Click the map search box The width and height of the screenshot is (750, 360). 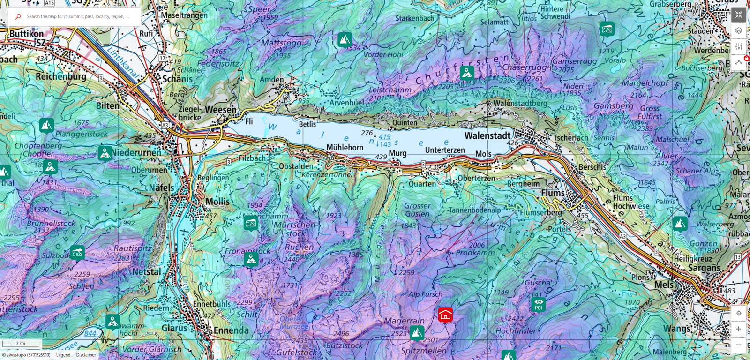coord(77,16)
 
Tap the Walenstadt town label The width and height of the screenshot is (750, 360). coord(487,135)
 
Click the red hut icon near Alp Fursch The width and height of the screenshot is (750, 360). coord(445,315)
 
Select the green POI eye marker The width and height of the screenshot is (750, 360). coord(539,304)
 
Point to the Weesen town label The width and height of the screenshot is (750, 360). coord(220,110)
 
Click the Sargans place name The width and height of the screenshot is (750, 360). coord(704,268)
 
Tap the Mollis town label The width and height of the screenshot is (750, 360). coord(217,202)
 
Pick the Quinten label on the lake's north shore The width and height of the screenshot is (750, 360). coord(405,123)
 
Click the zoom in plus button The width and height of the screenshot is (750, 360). coord(738,329)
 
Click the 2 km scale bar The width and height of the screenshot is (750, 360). coord(21,344)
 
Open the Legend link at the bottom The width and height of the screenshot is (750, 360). coord(63,355)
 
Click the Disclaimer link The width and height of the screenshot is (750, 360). coord(86,355)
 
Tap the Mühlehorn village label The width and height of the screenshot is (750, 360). coord(345,147)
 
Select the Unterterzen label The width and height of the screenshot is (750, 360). coord(445,150)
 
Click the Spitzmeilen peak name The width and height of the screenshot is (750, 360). coord(423,351)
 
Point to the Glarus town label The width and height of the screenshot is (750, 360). coord(174,328)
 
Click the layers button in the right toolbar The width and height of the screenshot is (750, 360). coord(738,30)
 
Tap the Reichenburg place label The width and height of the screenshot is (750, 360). coord(61,76)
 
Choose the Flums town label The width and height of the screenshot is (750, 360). coord(553,193)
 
